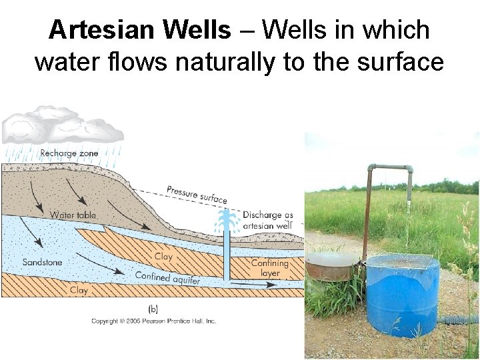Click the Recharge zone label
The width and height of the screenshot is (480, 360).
coord(69,153)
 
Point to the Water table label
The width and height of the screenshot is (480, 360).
coord(73,215)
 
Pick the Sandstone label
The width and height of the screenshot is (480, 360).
coord(42,262)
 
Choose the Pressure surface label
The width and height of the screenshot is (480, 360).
coord(197,194)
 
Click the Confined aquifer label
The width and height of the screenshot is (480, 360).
coord(167,278)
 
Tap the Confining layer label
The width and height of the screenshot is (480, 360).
coord(269,268)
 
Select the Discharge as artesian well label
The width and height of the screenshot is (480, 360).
coord(267,220)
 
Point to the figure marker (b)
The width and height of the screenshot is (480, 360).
coord(153,309)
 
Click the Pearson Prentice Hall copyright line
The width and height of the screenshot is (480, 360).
coord(153,321)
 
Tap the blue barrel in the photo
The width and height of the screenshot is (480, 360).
coord(402,297)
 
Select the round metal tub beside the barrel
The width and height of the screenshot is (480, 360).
coord(331,266)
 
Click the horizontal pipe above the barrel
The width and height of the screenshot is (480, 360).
coord(389,168)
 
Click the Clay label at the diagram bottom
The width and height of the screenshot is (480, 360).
coord(79,290)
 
